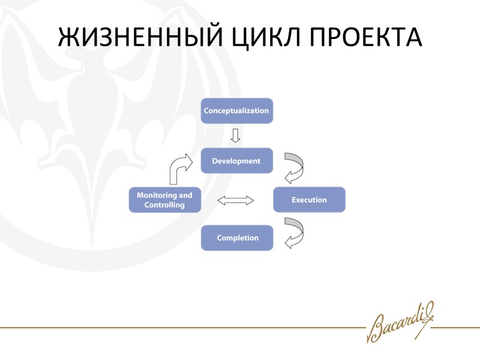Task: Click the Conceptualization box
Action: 236,111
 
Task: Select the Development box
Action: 236,161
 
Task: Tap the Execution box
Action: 309,200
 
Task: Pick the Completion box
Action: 237,238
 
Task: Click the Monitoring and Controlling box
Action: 164,200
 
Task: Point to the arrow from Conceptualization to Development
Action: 236,135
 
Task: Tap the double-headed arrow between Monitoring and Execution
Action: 236,200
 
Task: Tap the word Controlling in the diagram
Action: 164,205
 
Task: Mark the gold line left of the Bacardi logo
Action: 180,328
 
